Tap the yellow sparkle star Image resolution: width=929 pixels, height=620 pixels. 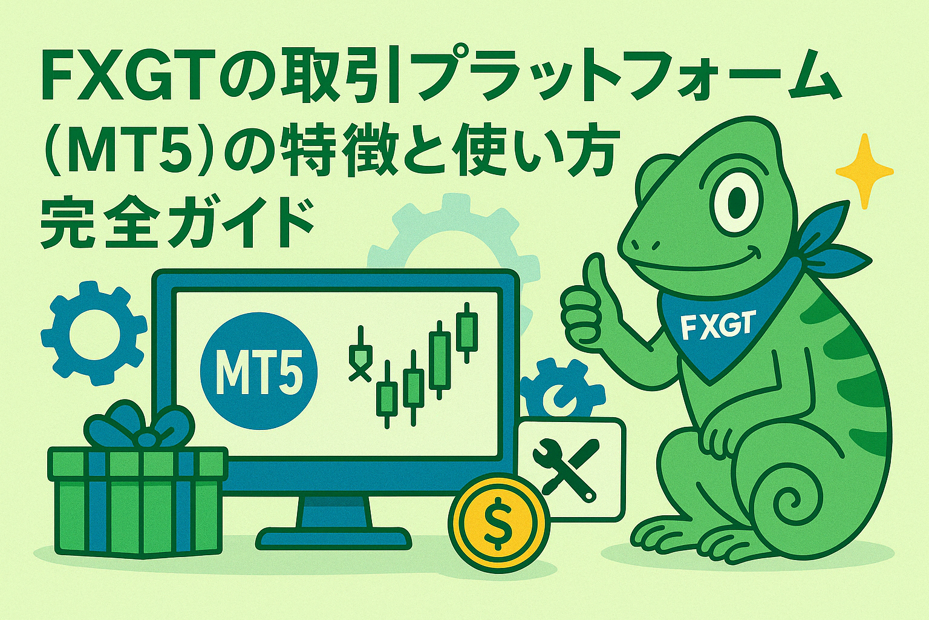pos(865,171)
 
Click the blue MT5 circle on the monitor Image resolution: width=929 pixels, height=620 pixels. pos(258,371)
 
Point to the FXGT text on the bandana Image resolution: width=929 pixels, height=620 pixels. pos(716,325)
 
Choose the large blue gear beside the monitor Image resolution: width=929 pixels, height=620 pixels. pos(94,333)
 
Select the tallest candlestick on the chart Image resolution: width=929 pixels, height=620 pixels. pos(467,332)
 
